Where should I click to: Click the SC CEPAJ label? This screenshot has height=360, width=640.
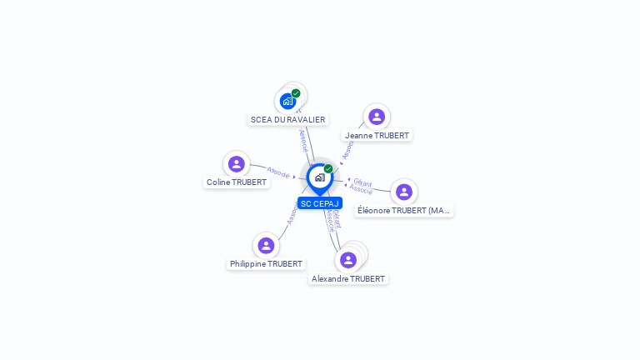pyautogui.click(x=320, y=203)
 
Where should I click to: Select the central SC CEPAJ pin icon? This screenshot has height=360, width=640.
pyautogui.click(x=319, y=177)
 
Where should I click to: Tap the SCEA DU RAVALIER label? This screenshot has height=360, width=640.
pyautogui.click(x=287, y=119)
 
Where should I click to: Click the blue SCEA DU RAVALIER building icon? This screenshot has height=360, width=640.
pyautogui.click(x=287, y=102)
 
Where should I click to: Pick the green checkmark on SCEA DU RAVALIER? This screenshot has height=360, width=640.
pyautogui.click(x=296, y=93)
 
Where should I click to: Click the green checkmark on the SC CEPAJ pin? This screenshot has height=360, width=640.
pyautogui.click(x=328, y=169)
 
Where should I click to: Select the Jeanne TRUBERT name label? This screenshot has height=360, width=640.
pyautogui.click(x=377, y=135)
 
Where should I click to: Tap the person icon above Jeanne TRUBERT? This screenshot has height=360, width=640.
pyautogui.click(x=377, y=117)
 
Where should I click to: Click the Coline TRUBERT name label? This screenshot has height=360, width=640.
pyautogui.click(x=237, y=182)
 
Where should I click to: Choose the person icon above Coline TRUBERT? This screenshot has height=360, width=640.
pyautogui.click(x=237, y=163)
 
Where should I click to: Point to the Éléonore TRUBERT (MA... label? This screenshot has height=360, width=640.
pyautogui.click(x=403, y=211)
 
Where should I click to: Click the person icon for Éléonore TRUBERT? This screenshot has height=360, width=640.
pyautogui.click(x=404, y=192)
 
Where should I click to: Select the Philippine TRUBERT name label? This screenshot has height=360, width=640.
pyautogui.click(x=267, y=263)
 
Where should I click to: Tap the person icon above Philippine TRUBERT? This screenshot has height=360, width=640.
pyautogui.click(x=266, y=245)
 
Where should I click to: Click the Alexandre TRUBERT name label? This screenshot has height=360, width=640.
pyautogui.click(x=348, y=278)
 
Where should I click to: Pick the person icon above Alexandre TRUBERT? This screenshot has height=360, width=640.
pyautogui.click(x=348, y=259)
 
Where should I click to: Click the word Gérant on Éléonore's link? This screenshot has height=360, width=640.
pyautogui.click(x=362, y=182)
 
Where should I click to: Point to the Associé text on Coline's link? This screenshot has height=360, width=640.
pyautogui.click(x=278, y=173)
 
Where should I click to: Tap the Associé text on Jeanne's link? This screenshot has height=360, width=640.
pyautogui.click(x=347, y=149)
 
